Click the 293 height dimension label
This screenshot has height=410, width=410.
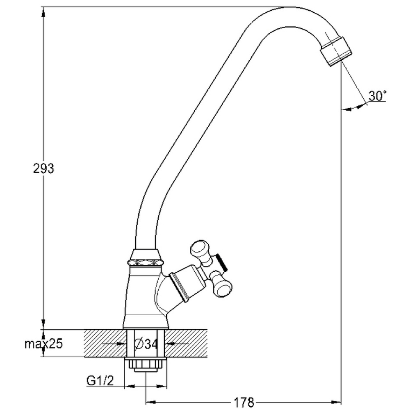pos(43,169)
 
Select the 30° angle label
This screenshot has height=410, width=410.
pos(377,96)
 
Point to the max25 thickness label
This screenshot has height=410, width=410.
pos(44,344)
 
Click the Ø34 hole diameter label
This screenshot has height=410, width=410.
pos(146,344)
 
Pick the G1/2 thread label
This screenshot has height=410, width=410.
pos(100,381)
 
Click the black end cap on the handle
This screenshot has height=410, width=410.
pos(222,262)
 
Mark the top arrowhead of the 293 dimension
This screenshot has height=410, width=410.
pos(43,11)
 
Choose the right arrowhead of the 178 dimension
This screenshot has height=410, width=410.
pos(336,402)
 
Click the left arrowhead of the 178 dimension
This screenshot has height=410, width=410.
pos(150,402)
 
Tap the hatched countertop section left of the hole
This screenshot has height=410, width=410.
pos(105,343)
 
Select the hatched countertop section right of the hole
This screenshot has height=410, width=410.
pos(187,343)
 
